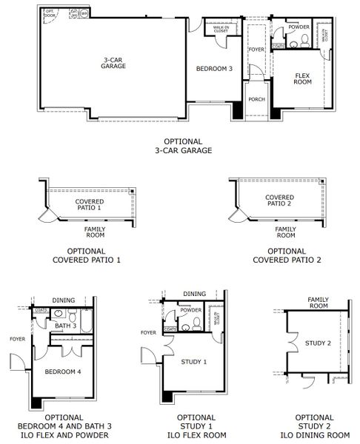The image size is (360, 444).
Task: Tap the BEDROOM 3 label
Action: (214, 69)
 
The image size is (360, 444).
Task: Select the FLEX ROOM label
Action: (302, 78)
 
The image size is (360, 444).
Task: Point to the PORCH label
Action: (256, 99)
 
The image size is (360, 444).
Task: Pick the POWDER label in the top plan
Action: (299, 27)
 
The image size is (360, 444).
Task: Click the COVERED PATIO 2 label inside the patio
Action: (280, 201)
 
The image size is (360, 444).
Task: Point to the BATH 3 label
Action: (66, 326)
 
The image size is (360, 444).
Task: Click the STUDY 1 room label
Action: (194, 361)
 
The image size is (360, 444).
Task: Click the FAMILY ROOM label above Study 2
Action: (319, 302)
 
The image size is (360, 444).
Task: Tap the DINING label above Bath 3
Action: (64, 300)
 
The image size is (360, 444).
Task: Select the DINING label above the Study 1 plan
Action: (194, 294)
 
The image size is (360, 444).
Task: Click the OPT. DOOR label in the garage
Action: (50, 14)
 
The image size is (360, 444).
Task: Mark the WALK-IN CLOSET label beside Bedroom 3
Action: (221, 29)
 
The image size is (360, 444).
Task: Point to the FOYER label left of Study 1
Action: (149, 332)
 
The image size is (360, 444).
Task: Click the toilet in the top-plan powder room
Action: (295, 44)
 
